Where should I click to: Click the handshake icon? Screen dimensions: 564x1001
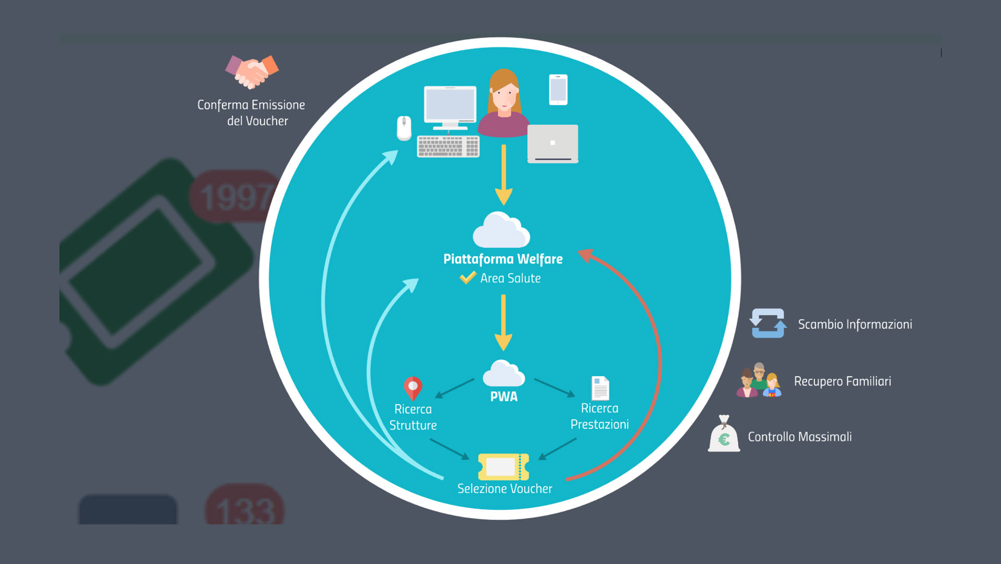click(252, 71)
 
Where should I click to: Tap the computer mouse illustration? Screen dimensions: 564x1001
click(404, 128)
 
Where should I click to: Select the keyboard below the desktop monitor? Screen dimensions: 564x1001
click(448, 147)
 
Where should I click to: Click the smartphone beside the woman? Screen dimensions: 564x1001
click(558, 90)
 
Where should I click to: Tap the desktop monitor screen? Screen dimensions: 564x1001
click(450, 105)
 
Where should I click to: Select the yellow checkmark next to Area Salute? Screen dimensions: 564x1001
click(467, 277)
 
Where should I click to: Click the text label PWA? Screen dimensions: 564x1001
click(504, 397)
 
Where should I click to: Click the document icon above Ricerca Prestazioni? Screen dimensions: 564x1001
click(600, 388)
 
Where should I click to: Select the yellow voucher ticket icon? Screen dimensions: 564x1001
click(503, 466)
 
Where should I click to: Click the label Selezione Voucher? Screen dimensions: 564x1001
click(504, 489)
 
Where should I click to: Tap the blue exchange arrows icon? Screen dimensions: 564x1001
click(768, 323)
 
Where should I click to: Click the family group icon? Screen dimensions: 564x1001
click(759, 381)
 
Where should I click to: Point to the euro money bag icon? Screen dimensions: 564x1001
click(724, 435)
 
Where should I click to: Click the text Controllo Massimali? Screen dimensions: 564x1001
click(799, 437)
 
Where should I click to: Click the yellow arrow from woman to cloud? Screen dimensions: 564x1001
click(503, 175)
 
